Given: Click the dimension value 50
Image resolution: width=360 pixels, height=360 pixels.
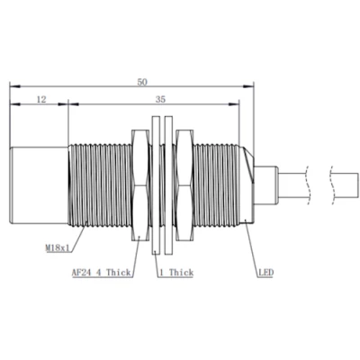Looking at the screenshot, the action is click(x=142, y=82).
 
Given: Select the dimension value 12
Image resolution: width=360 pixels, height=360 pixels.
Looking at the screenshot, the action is click(x=41, y=99).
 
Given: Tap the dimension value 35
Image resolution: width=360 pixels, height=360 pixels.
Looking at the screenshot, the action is click(x=160, y=99).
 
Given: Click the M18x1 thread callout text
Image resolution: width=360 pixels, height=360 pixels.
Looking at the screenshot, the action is click(x=57, y=248).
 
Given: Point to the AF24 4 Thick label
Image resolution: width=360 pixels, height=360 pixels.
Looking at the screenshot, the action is click(x=101, y=273).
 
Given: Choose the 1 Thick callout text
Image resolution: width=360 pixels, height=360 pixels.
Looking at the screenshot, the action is click(x=176, y=273).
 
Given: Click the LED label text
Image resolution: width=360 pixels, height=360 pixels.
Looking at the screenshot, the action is click(x=266, y=273).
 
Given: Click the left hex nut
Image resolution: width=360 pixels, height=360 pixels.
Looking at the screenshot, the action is click(x=140, y=185).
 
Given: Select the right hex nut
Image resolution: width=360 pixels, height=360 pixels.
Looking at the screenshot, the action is click(x=184, y=185).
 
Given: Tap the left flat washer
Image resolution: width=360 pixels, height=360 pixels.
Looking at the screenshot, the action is click(x=156, y=185).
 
